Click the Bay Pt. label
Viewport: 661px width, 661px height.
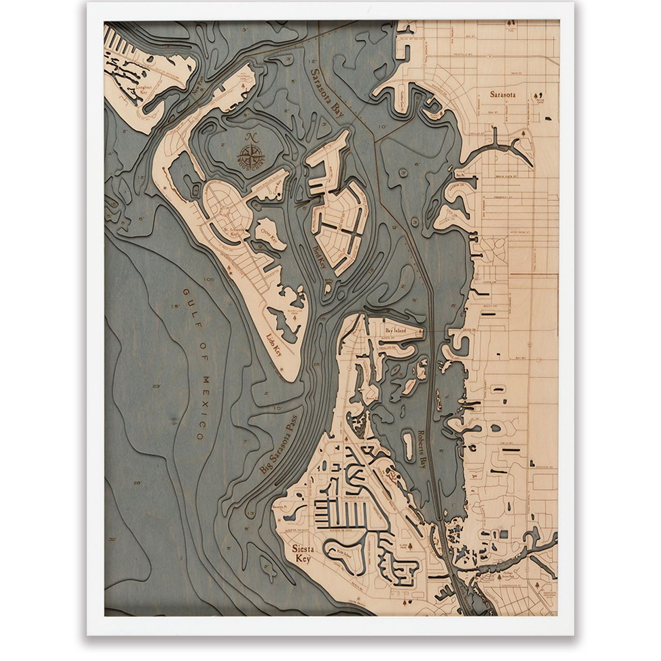pyautogui.click(x=461, y=176)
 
